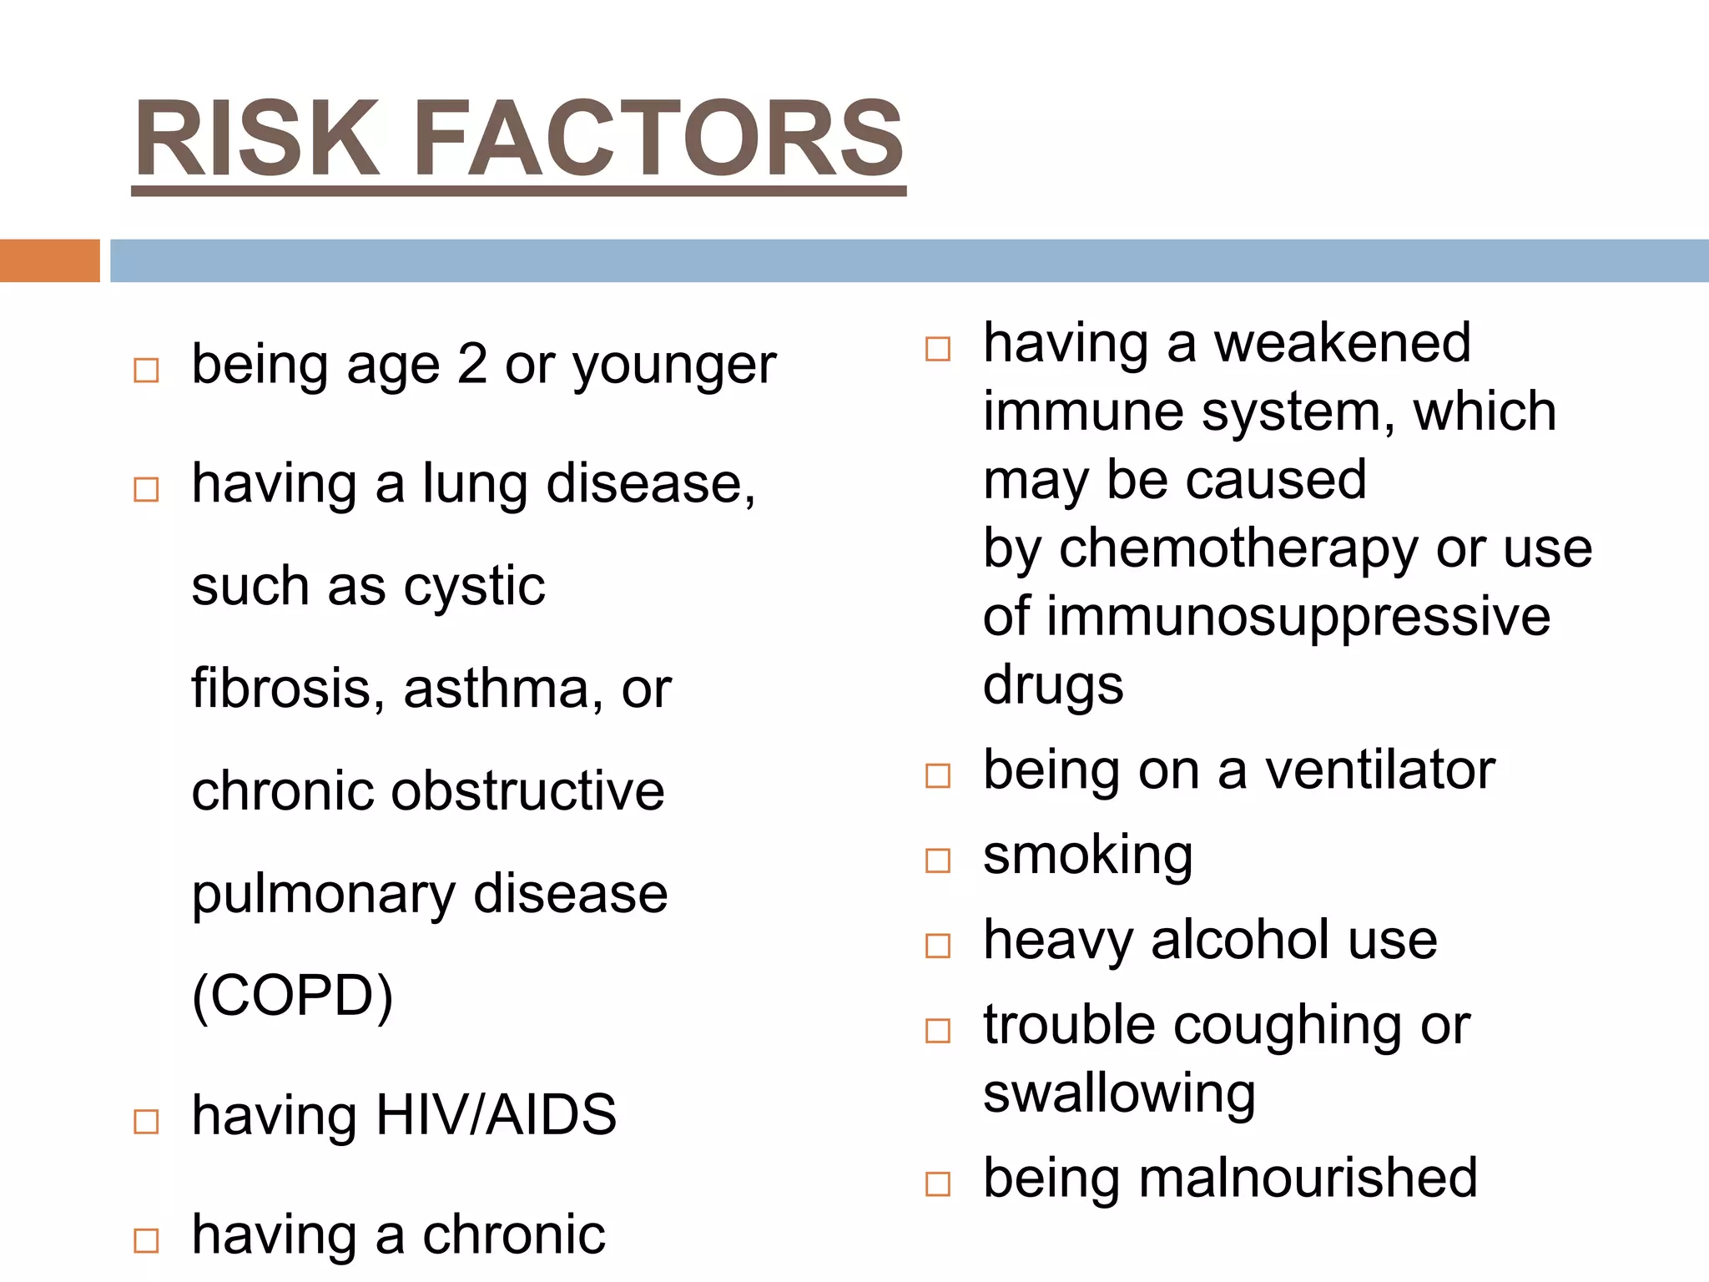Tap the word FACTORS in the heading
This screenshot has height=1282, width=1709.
point(658,139)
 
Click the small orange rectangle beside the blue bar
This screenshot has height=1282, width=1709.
point(49,260)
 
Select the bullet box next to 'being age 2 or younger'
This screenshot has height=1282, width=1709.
point(146,370)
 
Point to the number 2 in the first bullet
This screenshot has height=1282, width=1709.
point(472,365)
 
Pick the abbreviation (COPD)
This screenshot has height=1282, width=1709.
point(292,996)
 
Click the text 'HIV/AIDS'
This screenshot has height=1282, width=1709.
point(496,1115)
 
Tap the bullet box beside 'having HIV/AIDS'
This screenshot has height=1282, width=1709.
point(146,1121)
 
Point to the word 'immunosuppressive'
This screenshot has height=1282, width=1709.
point(1298,617)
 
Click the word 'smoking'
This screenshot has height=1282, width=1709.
point(1088,856)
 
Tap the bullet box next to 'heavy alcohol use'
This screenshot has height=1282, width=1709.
point(938,946)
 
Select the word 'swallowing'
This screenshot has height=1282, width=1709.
point(1119,1094)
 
